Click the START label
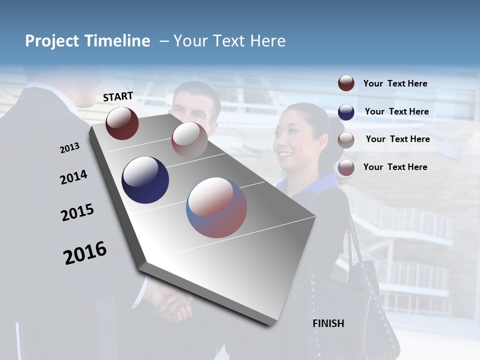pyautogui.click(x=118, y=96)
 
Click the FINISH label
pyautogui.click(x=328, y=323)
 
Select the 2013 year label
pyautogui.click(x=69, y=148)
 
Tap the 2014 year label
pyautogui.click(x=73, y=177)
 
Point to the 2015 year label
pyautogui.click(x=77, y=212)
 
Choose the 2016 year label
pyautogui.click(x=85, y=253)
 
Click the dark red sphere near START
pyautogui.click(x=122, y=123)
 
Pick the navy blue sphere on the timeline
pyautogui.click(x=145, y=180)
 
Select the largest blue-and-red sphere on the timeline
pyautogui.click(x=216, y=207)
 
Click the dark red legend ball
pyautogui.click(x=346, y=83)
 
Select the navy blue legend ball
pyautogui.click(x=346, y=111)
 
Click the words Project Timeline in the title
pyautogui.click(x=87, y=41)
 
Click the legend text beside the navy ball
pyautogui.click(x=396, y=111)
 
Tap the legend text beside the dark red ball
pyautogui.click(x=395, y=83)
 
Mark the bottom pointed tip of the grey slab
pyautogui.click(x=272, y=325)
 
